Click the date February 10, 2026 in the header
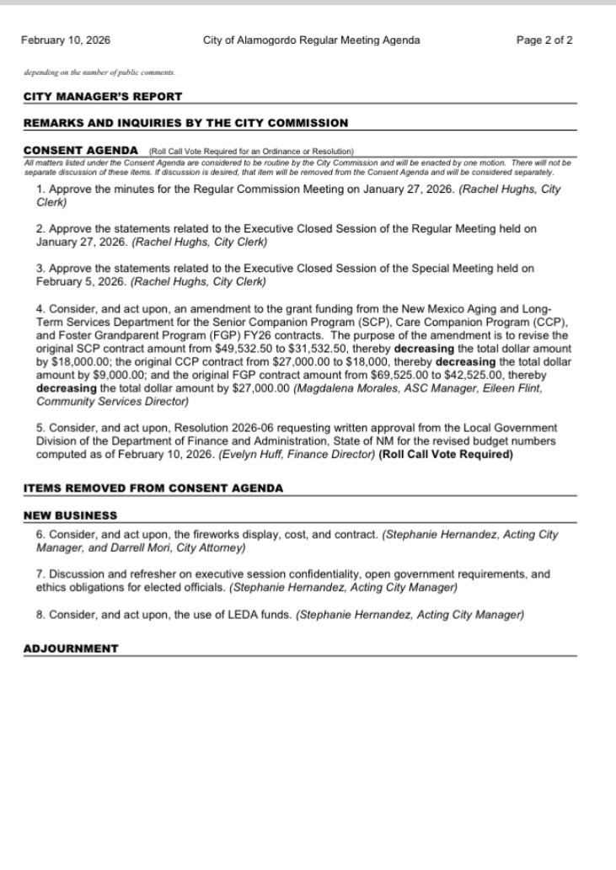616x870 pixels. pos(66,40)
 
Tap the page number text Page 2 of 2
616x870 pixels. pos(544,40)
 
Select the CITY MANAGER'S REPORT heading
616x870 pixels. pos(102,97)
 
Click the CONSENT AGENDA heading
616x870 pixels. pos(81,150)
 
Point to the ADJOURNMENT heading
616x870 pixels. pos(71,648)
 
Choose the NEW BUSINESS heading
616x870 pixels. pos(70,515)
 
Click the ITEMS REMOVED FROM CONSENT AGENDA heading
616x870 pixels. pos(153,488)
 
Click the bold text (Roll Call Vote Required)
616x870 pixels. pos(446,455)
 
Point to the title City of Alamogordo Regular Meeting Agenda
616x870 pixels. pos(312,40)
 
